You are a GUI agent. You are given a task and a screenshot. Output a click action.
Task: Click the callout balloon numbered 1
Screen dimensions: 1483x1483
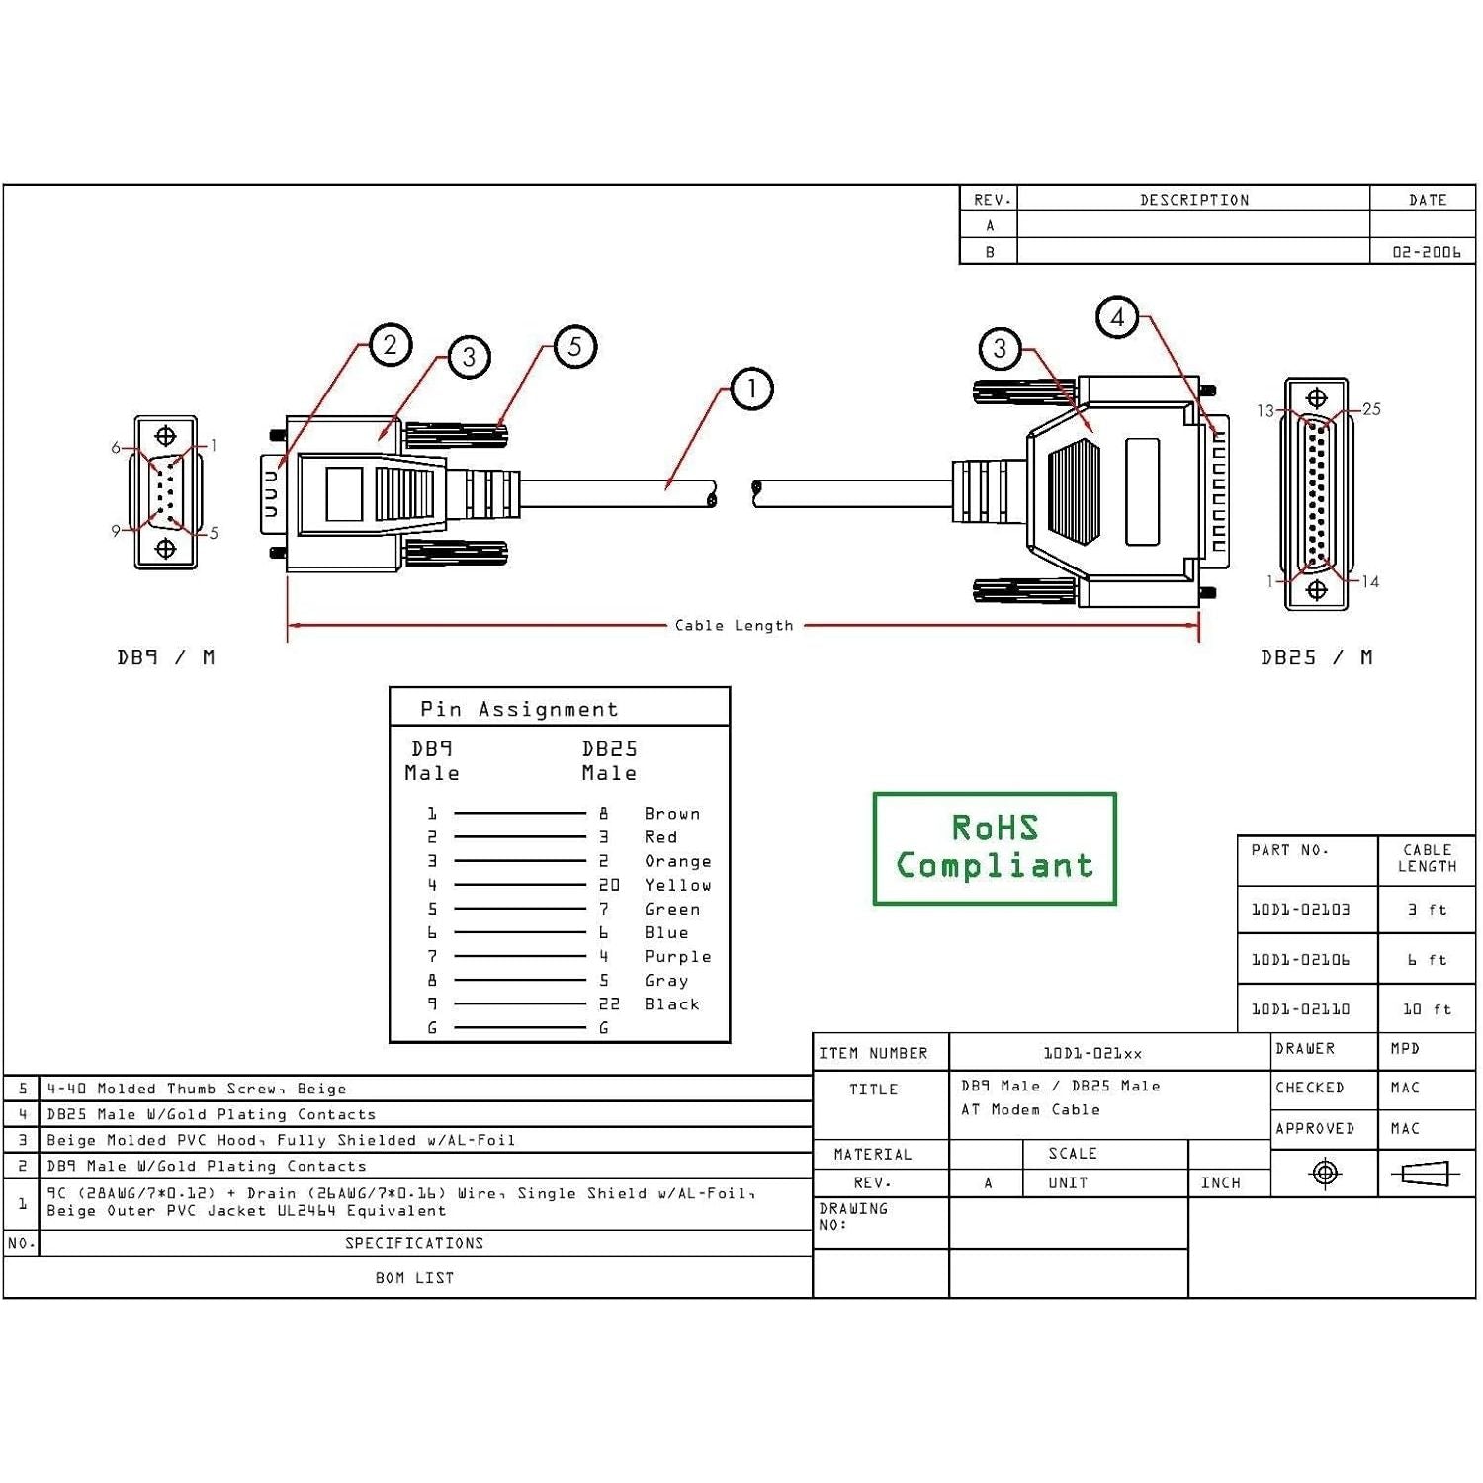tap(751, 389)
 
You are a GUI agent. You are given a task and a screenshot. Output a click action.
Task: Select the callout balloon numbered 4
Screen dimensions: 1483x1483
tap(1117, 317)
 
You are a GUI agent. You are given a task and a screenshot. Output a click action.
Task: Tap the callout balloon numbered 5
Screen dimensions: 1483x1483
tap(575, 346)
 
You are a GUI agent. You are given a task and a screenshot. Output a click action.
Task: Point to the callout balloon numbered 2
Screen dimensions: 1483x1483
tap(391, 345)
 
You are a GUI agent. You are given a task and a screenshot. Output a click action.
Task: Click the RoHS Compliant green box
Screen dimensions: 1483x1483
tap(995, 848)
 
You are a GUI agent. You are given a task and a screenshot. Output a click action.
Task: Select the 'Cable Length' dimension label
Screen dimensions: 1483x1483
tap(734, 625)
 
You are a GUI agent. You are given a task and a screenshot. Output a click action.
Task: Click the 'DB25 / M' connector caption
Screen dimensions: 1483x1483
tap(1316, 657)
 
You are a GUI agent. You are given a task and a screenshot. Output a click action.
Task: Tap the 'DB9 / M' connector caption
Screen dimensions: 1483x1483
tap(165, 657)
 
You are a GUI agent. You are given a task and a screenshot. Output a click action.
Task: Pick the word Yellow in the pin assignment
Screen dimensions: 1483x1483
tap(677, 885)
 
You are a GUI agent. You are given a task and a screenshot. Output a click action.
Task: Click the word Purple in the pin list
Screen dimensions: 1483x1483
tap(677, 956)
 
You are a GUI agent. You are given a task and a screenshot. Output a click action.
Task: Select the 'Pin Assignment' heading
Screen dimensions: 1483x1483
tap(519, 709)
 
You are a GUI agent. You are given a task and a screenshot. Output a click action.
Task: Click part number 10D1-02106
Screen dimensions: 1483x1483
tap(1300, 959)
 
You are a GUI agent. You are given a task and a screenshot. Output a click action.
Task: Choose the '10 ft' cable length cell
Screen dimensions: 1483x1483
tap(1427, 1009)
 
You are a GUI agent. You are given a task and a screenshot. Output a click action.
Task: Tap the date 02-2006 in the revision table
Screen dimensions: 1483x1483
tap(1426, 252)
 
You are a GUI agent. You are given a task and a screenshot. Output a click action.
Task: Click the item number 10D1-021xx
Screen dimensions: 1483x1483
tap(1092, 1054)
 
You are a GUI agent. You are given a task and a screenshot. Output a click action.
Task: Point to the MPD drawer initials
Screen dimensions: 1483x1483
tap(1405, 1048)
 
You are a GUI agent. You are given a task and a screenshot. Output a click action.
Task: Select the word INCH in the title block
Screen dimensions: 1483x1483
tap(1220, 1182)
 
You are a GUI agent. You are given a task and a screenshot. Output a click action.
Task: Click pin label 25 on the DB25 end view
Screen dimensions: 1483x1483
tap(1371, 409)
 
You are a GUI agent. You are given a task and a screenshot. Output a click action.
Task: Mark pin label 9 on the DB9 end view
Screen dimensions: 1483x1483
tap(116, 531)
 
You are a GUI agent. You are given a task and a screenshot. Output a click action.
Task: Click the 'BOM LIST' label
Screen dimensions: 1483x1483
tap(414, 1278)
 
